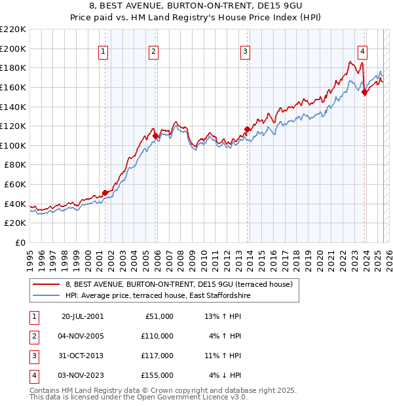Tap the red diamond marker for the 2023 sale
click(x=364, y=92)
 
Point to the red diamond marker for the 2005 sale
click(x=155, y=136)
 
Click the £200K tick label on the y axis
click(x=13, y=48)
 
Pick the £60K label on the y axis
click(x=15, y=185)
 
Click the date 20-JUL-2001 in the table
click(x=82, y=316)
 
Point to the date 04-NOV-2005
click(x=82, y=336)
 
